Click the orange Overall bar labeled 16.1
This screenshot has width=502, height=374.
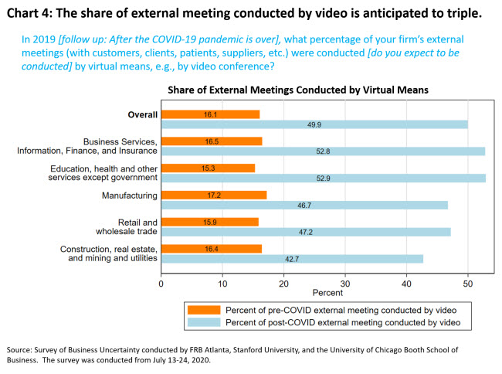coord(210,114)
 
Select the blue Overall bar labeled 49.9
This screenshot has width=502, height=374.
coord(314,124)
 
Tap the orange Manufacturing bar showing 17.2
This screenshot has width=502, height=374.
coord(213,195)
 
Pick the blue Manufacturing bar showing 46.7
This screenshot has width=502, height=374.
coord(304,205)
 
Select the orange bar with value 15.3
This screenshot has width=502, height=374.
coord(208,168)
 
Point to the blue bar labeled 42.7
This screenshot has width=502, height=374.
coord(292,258)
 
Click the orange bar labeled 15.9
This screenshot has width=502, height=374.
coord(209,222)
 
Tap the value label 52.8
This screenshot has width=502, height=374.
coord(324,151)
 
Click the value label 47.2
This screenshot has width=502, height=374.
coord(306,232)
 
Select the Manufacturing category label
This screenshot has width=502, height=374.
coord(129,195)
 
